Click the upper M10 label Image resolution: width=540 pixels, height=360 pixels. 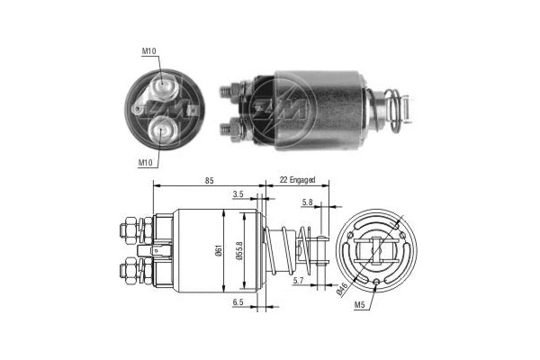[148, 51]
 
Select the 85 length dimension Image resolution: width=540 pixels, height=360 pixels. [209, 182]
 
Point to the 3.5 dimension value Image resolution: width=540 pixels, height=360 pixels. [238, 193]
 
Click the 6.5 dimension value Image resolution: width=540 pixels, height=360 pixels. [238, 303]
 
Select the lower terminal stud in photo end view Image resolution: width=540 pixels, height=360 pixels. [163, 129]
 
